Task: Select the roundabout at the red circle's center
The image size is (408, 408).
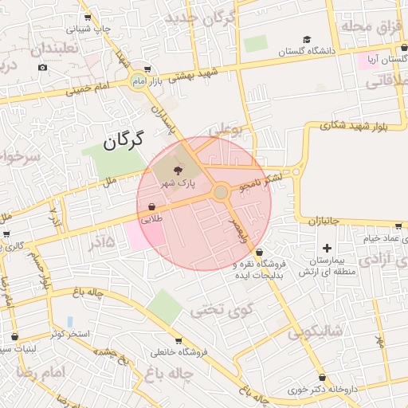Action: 221,191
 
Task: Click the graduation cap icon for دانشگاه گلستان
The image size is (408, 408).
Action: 307,39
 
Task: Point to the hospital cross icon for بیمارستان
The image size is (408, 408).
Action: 327,249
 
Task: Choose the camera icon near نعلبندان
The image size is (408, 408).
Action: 42,66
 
